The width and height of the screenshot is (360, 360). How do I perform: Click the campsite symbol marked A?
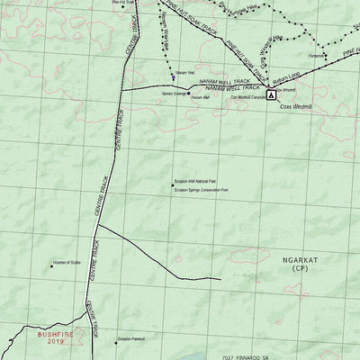pos(272,106)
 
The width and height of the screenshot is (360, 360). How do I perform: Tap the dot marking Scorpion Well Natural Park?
pos(172,185)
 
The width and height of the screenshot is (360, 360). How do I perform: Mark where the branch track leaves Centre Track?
pos(97,225)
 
